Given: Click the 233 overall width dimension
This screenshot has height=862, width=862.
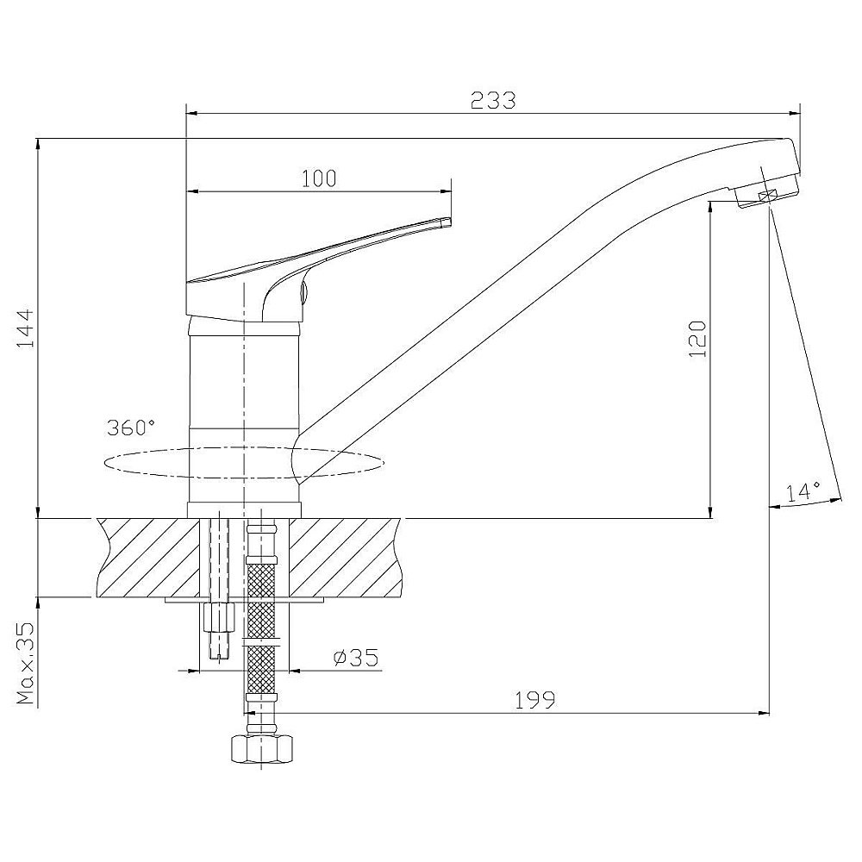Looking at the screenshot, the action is (493, 100).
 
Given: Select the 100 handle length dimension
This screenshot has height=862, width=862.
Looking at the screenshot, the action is (319, 178).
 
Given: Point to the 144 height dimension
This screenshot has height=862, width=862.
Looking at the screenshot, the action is (25, 328).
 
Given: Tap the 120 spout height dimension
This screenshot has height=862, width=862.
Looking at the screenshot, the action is (697, 339).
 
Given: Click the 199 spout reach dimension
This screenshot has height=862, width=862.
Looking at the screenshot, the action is (535, 700).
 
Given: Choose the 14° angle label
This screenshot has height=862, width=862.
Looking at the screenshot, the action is (802, 492).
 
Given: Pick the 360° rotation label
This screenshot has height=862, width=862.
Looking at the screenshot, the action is (131, 428).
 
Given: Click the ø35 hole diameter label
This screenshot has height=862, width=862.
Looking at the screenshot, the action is (356, 657).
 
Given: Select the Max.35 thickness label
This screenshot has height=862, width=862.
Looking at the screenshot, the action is (25, 664).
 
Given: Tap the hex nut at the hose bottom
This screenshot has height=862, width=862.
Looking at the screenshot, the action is (261, 749).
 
